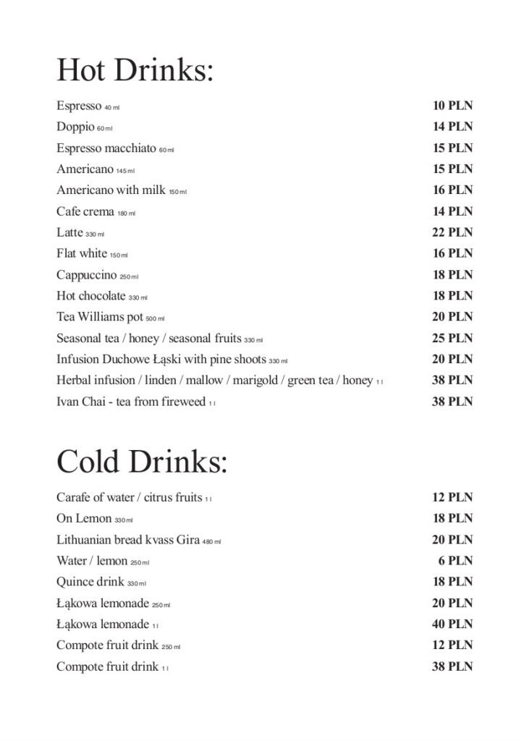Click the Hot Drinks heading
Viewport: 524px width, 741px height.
(x=135, y=71)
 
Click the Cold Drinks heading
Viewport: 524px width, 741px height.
(x=142, y=462)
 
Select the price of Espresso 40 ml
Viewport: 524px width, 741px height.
(x=452, y=106)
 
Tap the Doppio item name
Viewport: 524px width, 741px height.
(x=75, y=127)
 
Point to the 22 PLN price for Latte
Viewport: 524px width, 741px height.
(x=452, y=232)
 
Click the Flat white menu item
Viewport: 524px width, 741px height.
(x=82, y=253)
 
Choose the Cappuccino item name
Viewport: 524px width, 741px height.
(x=86, y=275)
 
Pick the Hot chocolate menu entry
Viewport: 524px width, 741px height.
(x=90, y=296)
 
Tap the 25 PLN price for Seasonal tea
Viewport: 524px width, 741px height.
(x=452, y=338)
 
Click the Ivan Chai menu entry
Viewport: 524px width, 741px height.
(x=130, y=402)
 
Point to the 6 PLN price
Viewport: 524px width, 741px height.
(x=456, y=561)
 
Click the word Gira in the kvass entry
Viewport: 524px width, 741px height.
(x=187, y=540)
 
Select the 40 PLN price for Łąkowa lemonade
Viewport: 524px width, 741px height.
(x=452, y=624)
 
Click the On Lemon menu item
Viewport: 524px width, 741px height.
(x=84, y=519)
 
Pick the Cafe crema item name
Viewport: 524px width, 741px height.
(x=85, y=211)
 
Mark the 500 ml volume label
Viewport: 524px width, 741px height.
(x=155, y=318)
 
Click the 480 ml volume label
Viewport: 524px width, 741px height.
(x=211, y=541)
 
